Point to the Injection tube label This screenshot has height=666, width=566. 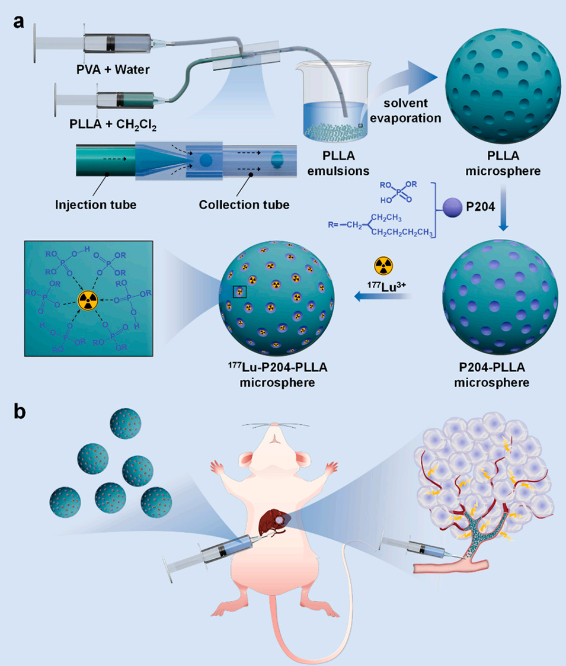click(x=95, y=205)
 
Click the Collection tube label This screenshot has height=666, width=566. click(x=245, y=205)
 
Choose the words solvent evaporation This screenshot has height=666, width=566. click(x=411, y=110)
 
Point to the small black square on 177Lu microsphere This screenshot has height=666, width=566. click(x=239, y=291)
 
